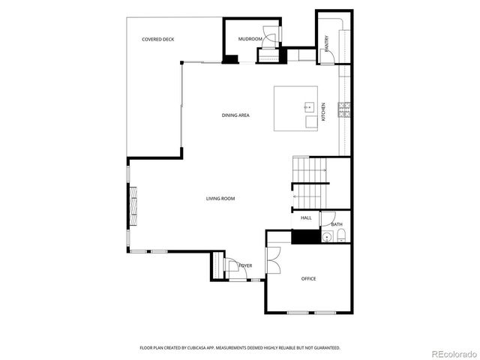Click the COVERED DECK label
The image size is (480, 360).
click(x=158, y=39)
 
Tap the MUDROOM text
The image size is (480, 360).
click(x=250, y=39)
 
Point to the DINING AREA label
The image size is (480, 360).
click(x=235, y=115)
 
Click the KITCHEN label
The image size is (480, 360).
click(x=324, y=112)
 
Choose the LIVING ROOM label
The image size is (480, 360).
click(x=220, y=199)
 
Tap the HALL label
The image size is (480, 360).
click(x=306, y=217)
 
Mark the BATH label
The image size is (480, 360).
click(x=337, y=224)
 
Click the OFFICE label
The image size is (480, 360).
click(x=308, y=278)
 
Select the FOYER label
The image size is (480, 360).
click(x=245, y=266)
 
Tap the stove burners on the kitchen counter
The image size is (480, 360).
click(x=344, y=110)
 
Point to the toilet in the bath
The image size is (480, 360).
click(x=340, y=238)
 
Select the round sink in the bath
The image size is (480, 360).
click(x=326, y=238)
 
